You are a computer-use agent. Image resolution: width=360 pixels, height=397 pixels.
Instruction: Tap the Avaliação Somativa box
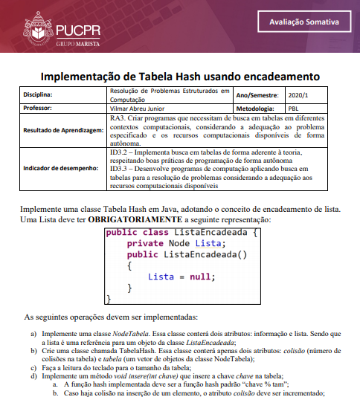(304, 22)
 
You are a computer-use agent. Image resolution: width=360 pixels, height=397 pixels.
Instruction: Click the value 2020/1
(298, 95)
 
